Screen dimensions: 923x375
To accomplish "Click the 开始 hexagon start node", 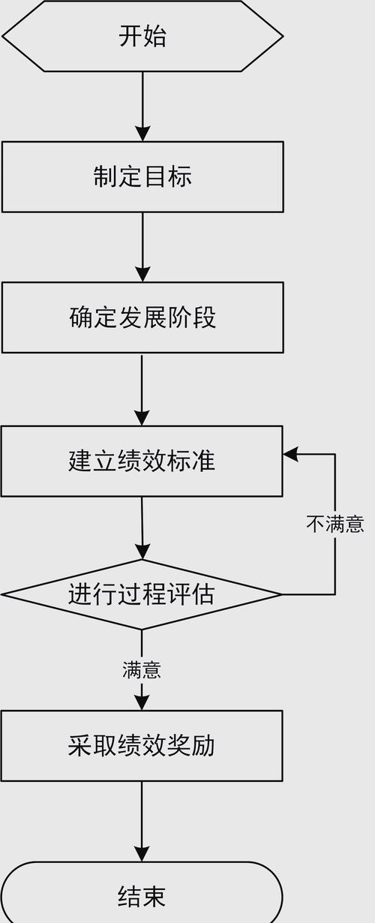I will pos(142,36).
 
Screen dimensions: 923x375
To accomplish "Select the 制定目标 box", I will pos(142,176).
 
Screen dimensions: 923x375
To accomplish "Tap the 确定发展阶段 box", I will pos(142,317).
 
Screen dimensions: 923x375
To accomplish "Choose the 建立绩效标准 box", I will pos(142,460).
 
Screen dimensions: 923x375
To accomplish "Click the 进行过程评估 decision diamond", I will pos(142,594).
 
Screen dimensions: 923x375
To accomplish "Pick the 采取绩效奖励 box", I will pos(142,745).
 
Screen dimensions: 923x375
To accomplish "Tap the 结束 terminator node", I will pos(142,896).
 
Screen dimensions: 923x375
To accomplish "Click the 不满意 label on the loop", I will pos(335,524).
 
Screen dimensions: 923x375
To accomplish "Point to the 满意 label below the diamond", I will pos(142,669).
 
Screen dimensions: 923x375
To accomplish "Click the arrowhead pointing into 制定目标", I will pos(142,134).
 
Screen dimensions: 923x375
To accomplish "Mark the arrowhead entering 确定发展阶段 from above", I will pos(142,274).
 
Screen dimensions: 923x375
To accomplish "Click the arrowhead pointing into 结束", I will pos(142,854).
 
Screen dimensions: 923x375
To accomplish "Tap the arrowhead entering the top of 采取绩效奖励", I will pos(142,702).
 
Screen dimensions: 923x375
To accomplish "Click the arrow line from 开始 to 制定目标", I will pos(142,101).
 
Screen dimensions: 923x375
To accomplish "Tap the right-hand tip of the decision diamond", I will pos(280,594).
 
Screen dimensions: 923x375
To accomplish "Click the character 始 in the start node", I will pos(155,36).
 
